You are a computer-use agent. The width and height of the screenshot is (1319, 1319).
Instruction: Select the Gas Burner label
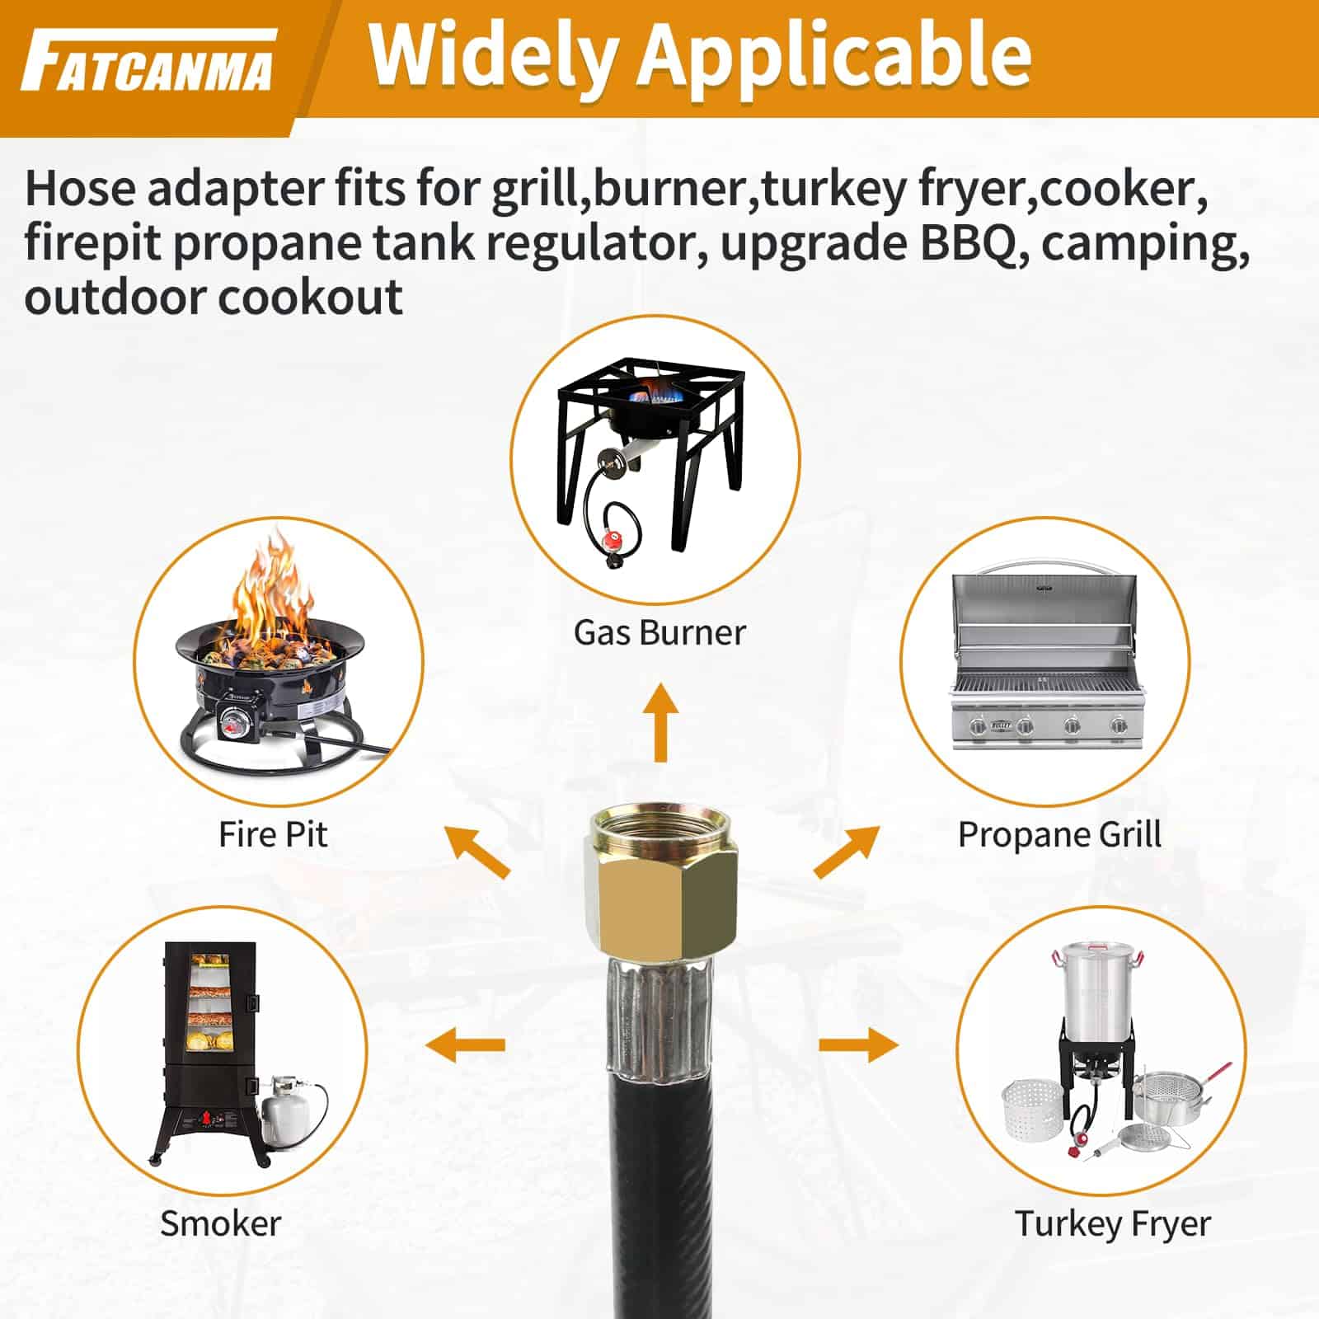click(659, 632)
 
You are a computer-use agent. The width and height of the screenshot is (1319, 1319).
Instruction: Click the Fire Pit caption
click(273, 833)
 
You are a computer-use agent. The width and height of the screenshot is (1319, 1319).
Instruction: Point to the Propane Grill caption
click(1059, 835)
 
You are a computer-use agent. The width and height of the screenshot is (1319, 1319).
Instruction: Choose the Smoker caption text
click(220, 1223)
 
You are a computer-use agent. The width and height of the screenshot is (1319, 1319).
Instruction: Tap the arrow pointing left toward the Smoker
click(465, 1045)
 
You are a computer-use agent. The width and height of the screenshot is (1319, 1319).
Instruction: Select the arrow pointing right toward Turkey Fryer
click(858, 1045)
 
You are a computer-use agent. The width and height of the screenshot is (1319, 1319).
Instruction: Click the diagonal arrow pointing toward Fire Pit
click(477, 852)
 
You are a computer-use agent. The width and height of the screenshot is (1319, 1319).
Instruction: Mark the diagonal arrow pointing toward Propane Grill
click(847, 852)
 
